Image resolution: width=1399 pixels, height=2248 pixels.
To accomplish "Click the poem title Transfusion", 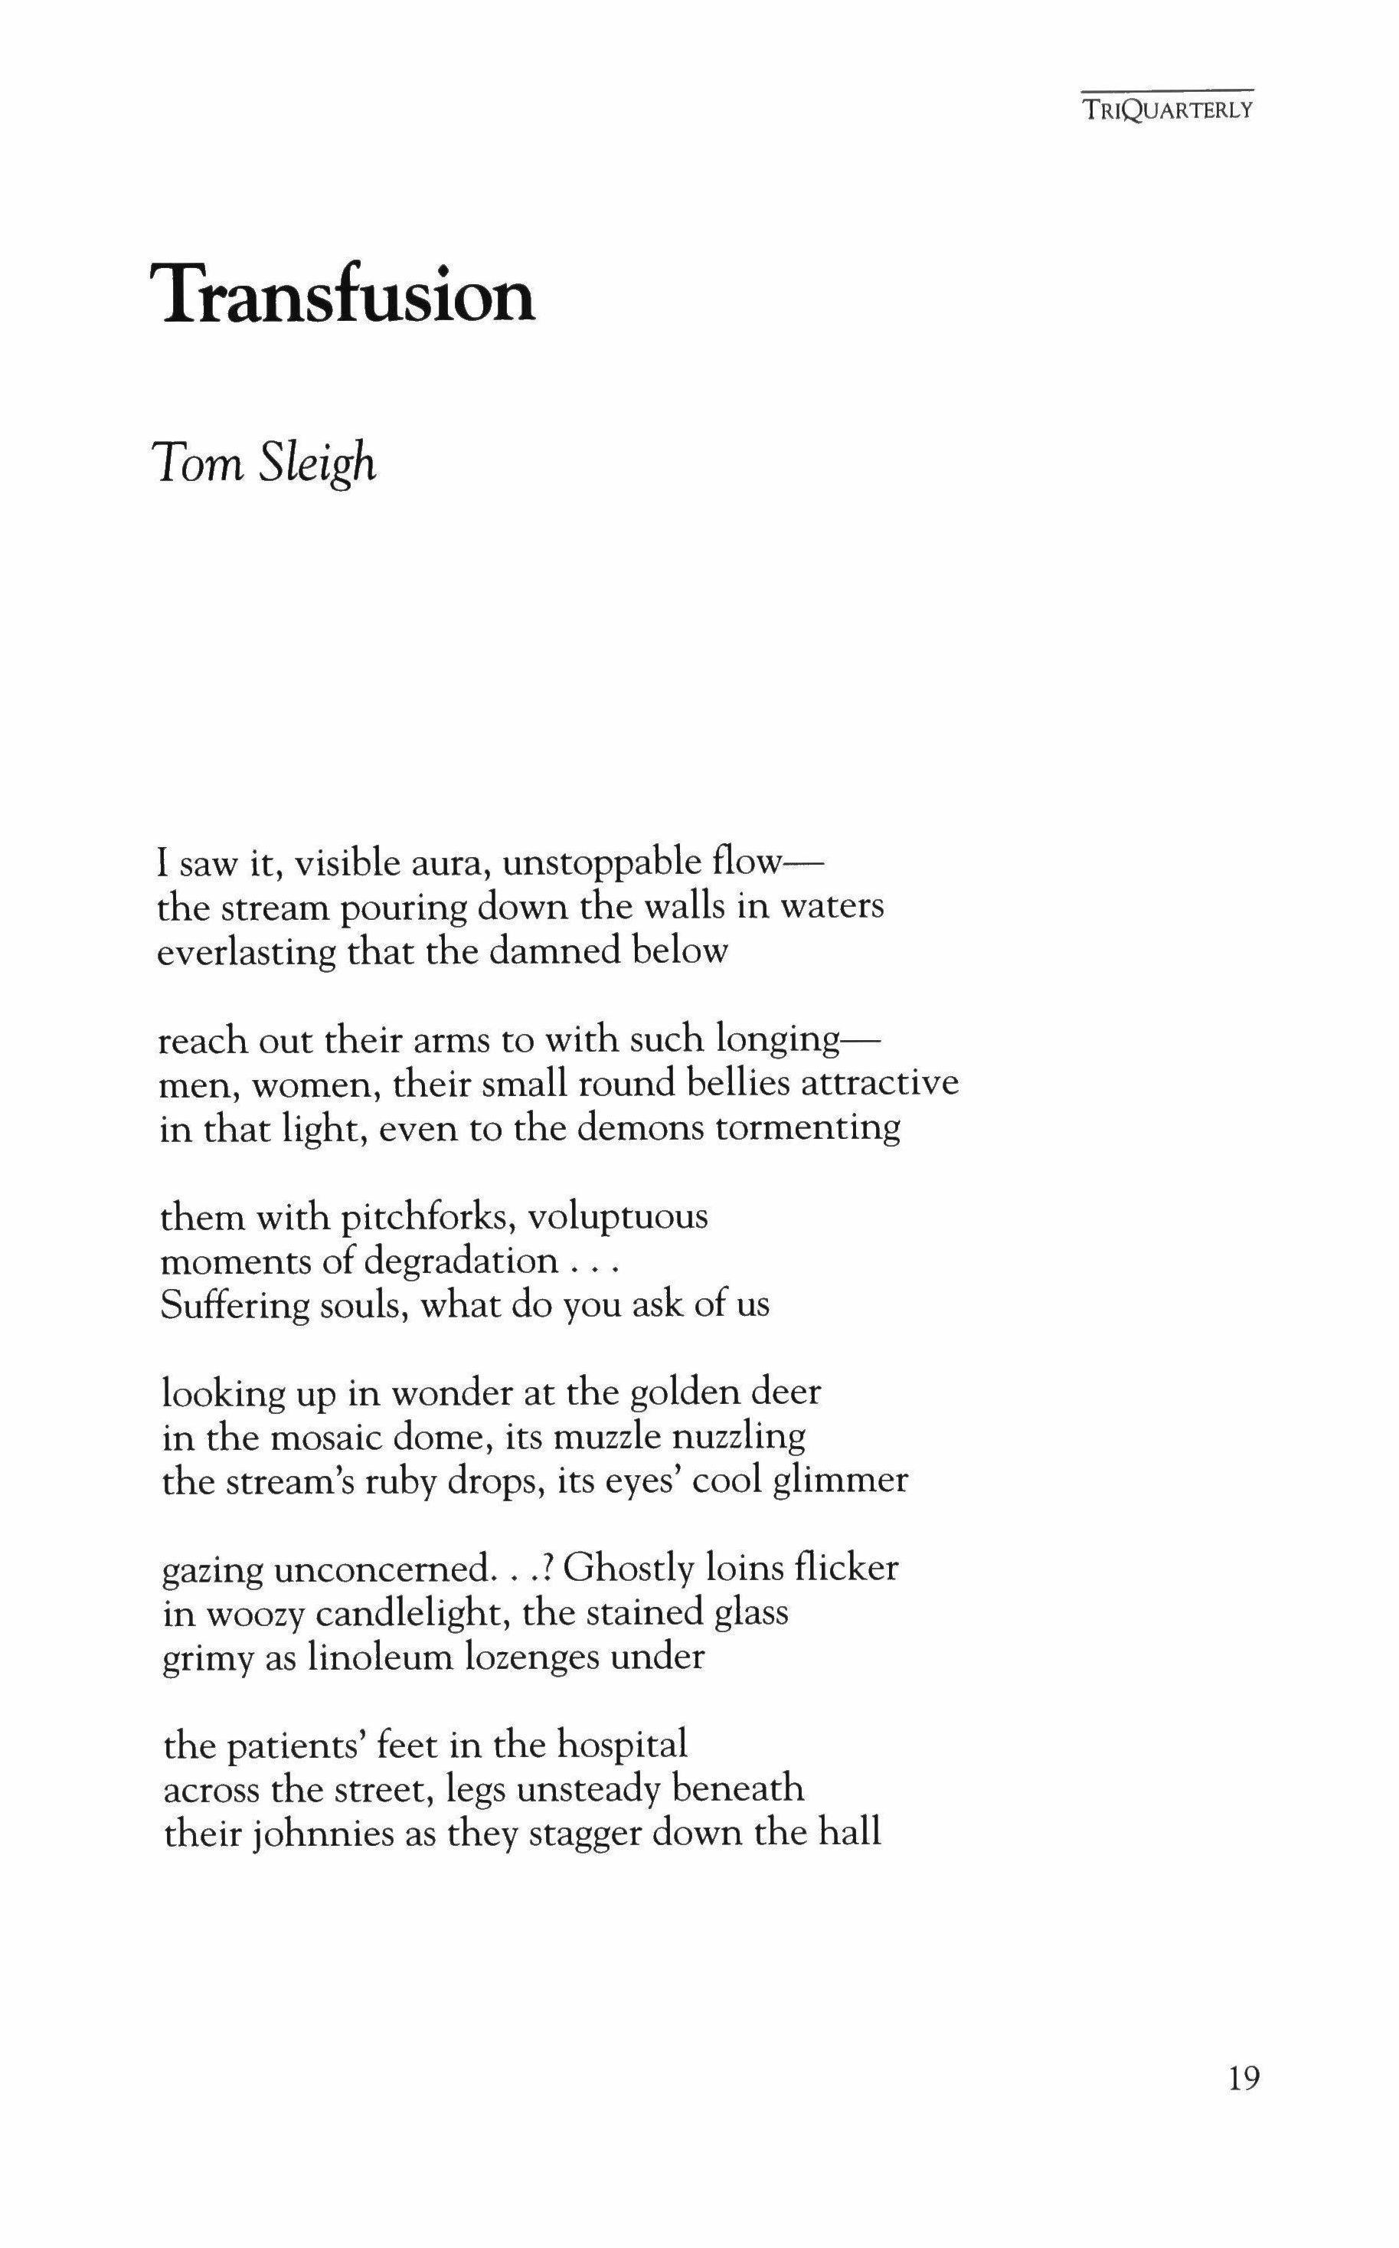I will point(348,295).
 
